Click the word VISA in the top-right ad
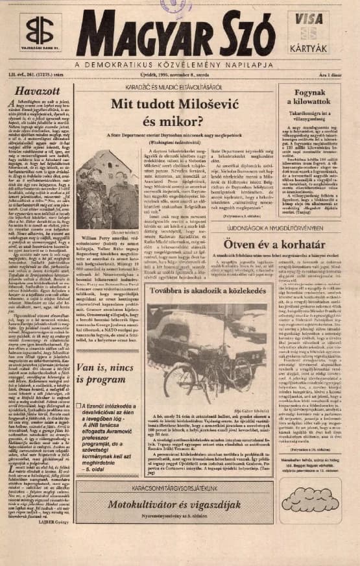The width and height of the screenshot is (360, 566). (313, 19)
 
